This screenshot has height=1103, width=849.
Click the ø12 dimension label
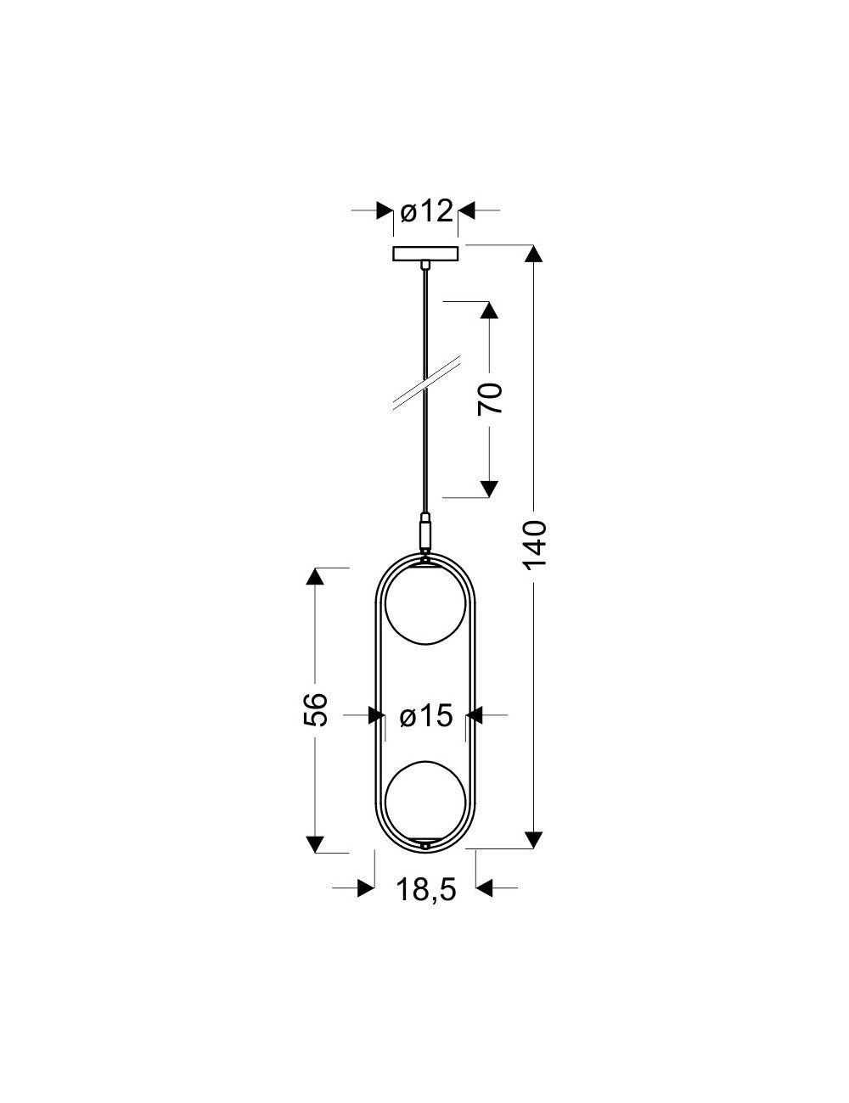click(425, 210)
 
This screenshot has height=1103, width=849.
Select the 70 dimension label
click(490, 398)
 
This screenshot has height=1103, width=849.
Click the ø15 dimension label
click(425, 716)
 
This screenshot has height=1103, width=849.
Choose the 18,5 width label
click(426, 890)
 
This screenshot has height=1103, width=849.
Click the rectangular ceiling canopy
click(425, 254)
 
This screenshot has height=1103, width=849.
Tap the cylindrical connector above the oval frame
click(425, 533)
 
